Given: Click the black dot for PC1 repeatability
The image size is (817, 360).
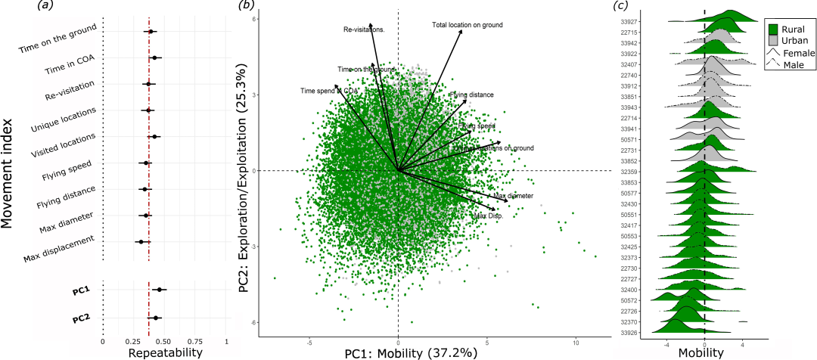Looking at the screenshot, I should [x=160, y=289].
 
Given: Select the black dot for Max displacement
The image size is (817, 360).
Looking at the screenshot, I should [x=140, y=242].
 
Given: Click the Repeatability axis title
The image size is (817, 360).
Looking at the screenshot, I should [x=165, y=352].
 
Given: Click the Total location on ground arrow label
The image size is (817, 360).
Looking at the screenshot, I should [x=467, y=25].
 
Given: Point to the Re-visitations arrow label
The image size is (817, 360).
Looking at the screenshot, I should [x=365, y=30].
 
